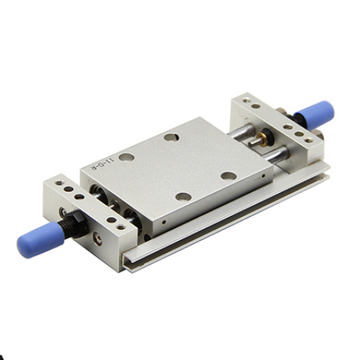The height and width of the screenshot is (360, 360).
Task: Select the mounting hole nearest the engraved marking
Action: pyautogui.click(x=126, y=157)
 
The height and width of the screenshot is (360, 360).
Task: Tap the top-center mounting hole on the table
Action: pyautogui.click(x=172, y=138)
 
